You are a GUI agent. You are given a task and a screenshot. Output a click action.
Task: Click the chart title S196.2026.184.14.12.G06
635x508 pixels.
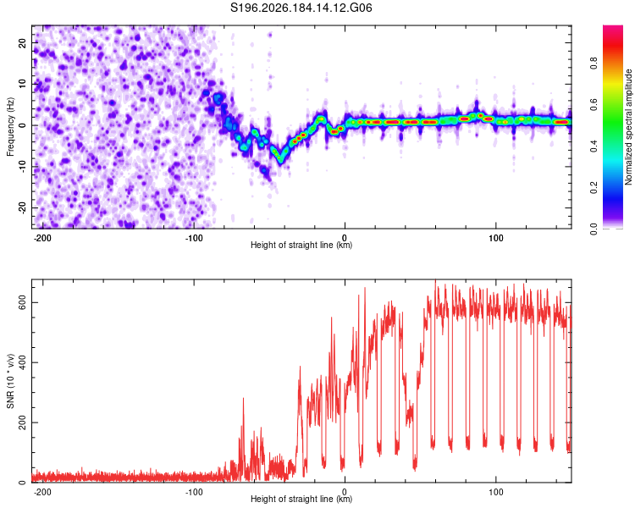coord(301,8)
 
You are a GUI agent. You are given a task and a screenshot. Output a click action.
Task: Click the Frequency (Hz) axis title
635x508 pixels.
coord(10,127)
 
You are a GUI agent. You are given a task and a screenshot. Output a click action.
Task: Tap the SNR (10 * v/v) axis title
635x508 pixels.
coord(10,381)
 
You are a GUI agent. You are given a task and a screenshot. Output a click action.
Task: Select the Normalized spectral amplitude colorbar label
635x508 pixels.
coord(628,127)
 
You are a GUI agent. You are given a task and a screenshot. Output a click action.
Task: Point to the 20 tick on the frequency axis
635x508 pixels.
coord(22,42)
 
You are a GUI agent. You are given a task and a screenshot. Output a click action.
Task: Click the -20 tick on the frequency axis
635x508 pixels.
coord(22,208)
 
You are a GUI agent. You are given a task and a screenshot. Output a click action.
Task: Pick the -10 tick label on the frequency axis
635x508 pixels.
coord(22,167)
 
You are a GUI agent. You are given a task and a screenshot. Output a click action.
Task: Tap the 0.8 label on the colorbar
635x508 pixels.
coord(594,63)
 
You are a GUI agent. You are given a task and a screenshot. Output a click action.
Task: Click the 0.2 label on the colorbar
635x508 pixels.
coord(594,188)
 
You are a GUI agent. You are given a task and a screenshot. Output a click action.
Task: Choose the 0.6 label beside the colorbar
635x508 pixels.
coord(594,104)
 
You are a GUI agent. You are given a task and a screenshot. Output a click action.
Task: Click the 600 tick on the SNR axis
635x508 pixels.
coord(22,302)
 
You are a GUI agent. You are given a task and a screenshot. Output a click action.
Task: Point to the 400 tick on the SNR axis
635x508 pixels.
coord(22,362)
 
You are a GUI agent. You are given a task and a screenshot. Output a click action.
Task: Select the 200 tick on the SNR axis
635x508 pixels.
coord(22,422)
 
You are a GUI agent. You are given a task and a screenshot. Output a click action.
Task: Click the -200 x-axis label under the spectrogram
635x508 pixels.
coord(41,238)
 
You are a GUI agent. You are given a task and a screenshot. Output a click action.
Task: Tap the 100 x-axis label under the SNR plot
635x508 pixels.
coord(495,492)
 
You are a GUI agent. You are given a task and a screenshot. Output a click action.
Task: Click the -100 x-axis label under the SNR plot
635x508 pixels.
coord(193,492)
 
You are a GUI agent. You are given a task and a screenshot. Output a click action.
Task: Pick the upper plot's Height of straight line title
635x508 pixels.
coord(301,245)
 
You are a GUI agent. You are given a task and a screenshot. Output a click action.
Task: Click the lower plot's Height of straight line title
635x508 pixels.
coord(301,499)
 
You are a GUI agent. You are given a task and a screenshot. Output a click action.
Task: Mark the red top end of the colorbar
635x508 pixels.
coord(613,27)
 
